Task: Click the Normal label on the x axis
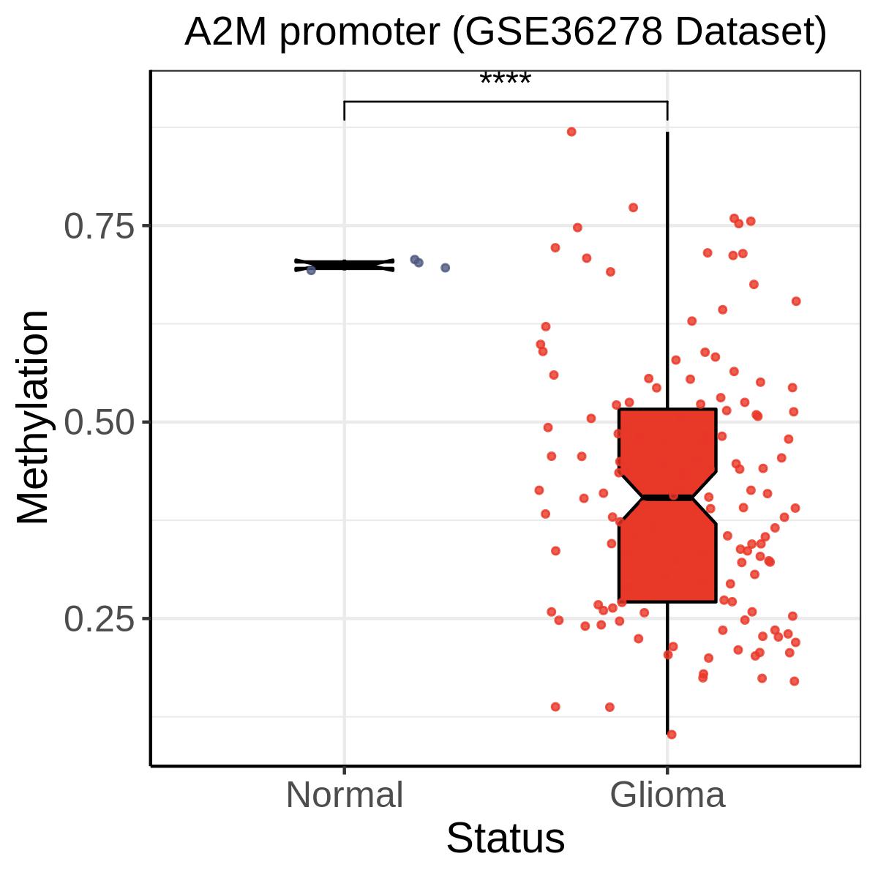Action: click(x=344, y=795)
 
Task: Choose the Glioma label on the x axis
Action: click(x=667, y=795)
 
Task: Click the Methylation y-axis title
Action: click(x=34, y=417)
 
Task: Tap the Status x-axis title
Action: click(x=505, y=838)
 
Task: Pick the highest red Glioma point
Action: click(x=571, y=132)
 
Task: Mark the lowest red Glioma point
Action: click(x=672, y=734)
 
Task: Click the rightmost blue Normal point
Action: click(x=445, y=268)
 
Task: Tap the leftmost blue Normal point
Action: click(x=311, y=270)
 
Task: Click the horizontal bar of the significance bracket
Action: click(x=505, y=102)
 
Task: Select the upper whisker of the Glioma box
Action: click(x=667, y=271)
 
